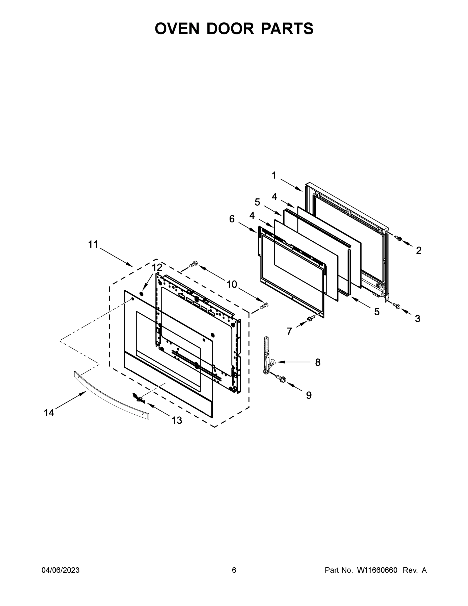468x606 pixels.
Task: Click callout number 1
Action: coord(274,175)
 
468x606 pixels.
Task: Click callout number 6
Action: coord(232,219)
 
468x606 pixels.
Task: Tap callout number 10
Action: coord(232,284)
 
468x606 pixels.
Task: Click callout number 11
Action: coord(93,244)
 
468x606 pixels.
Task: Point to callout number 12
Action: coord(157,267)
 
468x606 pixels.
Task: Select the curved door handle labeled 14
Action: coord(111,395)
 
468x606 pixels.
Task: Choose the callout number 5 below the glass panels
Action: coord(377,312)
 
